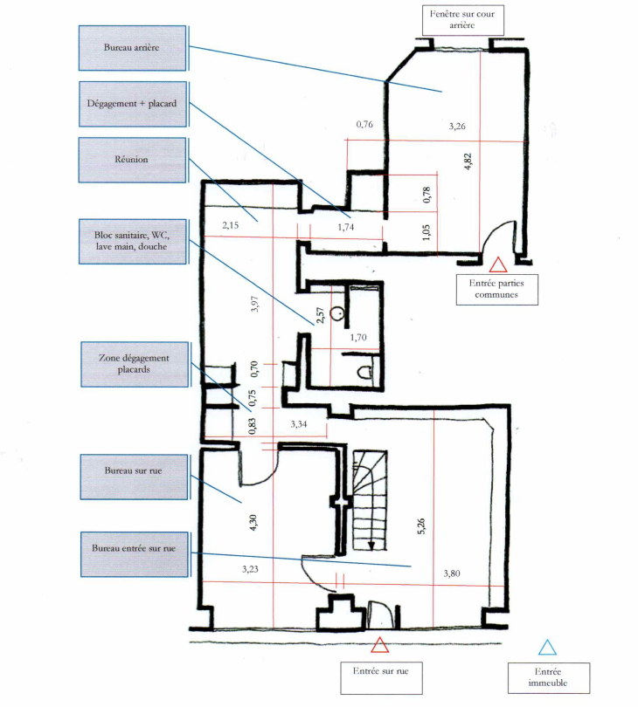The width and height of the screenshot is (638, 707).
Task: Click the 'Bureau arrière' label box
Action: click(x=132, y=48)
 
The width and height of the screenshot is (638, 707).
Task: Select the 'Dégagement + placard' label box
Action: click(x=133, y=104)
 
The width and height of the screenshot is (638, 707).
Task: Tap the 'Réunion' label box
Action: click(x=132, y=160)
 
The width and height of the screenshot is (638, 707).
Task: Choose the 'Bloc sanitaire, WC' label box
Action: click(x=133, y=241)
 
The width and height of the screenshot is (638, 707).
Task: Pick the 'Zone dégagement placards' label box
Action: click(x=135, y=364)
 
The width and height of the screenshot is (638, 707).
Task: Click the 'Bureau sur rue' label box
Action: click(x=134, y=477)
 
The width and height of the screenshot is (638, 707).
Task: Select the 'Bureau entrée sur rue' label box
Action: click(x=135, y=554)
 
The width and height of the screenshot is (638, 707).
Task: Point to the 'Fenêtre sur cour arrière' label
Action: click(x=463, y=20)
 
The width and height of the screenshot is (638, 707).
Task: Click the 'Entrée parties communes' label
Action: click(x=496, y=290)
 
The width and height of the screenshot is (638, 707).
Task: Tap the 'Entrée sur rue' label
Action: click(x=381, y=677)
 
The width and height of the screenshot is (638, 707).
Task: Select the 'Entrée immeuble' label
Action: click(x=549, y=677)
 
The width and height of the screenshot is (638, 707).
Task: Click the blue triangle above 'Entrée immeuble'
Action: click(x=547, y=648)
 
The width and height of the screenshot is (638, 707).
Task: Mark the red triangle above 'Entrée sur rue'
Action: click(x=379, y=646)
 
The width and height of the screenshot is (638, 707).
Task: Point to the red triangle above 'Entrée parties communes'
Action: click(x=498, y=265)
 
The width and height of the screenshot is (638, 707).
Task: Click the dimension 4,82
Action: click(x=468, y=161)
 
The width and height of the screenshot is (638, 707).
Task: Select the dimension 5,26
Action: click(x=421, y=526)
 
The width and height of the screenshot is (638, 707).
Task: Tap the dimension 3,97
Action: click(x=255, y=304)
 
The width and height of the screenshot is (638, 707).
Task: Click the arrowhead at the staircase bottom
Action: click(x=371, y=546)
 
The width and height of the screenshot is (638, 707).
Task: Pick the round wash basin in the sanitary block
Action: click(x=336, y=313)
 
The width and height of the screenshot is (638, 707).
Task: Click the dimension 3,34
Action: click(x=299, y=424)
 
